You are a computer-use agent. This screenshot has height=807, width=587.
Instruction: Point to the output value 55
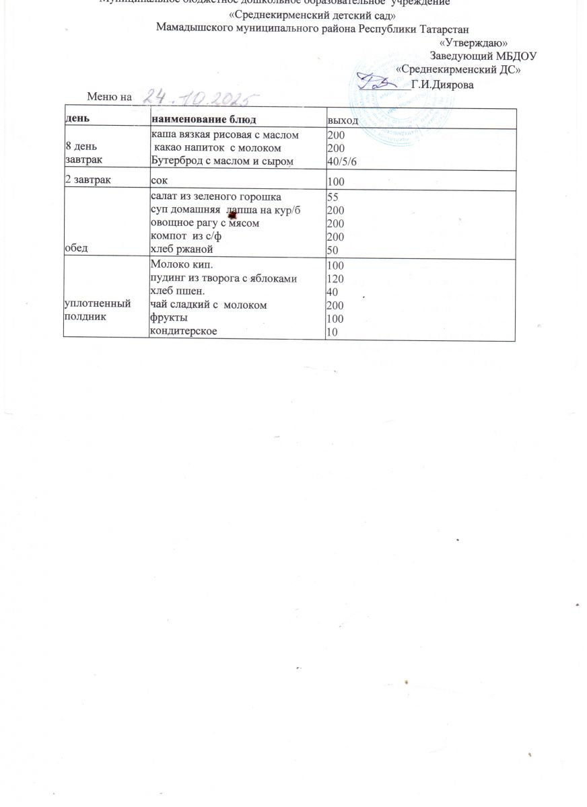click(x=332, y=198)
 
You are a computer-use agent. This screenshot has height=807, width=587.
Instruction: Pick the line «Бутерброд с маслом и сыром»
click(x=222, y=160)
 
